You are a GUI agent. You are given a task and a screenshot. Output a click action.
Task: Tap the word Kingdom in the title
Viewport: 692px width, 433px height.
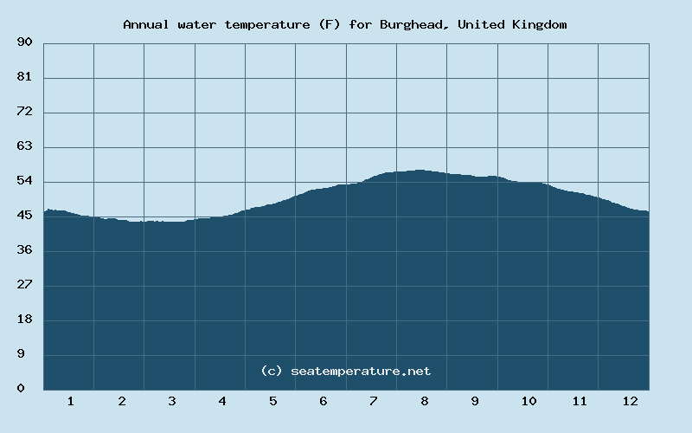[538, 24]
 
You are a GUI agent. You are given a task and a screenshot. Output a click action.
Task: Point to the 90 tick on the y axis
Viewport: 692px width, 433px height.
[24, 42]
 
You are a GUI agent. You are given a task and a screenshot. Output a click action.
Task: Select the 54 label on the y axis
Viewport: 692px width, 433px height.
[24, 181]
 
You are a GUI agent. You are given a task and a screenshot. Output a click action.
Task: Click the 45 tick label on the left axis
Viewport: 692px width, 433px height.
[24, 216]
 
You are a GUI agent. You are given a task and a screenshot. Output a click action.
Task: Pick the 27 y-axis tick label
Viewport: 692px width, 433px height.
[24, 285]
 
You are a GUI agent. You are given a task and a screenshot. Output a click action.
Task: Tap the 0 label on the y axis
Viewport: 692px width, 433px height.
[21, 389]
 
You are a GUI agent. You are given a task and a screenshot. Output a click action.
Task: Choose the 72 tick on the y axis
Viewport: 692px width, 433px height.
[24, 112]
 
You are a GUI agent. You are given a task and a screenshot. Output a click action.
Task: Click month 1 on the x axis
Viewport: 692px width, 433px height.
[70, 401]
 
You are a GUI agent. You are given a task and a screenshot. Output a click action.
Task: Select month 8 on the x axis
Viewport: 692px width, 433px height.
[424, 401]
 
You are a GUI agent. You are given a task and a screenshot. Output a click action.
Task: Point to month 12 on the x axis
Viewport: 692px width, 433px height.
[630, 401]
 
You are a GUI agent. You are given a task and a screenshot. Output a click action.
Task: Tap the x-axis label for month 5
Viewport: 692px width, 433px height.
[272, 401]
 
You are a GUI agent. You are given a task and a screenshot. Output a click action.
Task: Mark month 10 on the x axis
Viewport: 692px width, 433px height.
[529, 401]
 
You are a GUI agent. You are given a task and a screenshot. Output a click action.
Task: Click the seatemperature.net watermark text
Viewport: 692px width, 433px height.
[361, 371]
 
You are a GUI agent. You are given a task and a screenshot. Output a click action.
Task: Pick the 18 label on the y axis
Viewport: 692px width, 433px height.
[24, 320]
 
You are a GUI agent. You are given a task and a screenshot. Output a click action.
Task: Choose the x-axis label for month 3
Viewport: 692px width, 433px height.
[171, 401]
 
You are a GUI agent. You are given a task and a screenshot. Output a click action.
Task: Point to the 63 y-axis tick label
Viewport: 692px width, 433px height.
[24, 146]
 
